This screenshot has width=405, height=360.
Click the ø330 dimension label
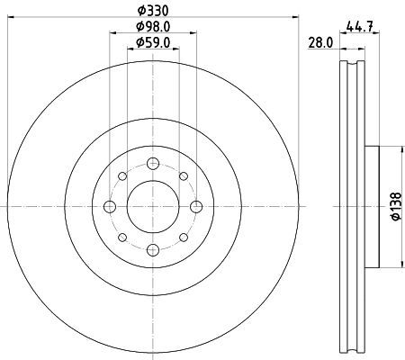point(153,11)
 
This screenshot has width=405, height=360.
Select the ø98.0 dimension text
point(153,27)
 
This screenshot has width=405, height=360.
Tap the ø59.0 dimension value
point(153,42)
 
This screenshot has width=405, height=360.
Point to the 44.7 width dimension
point(359,27)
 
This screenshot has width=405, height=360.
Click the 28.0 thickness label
point(320,43)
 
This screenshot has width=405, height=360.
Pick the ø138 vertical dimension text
point(396,206)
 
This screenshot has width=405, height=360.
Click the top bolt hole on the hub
point(153,164)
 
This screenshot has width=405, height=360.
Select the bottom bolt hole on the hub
point(153,250)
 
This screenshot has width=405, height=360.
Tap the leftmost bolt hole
point(110,207)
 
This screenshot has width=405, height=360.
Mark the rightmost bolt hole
point(196,207)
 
